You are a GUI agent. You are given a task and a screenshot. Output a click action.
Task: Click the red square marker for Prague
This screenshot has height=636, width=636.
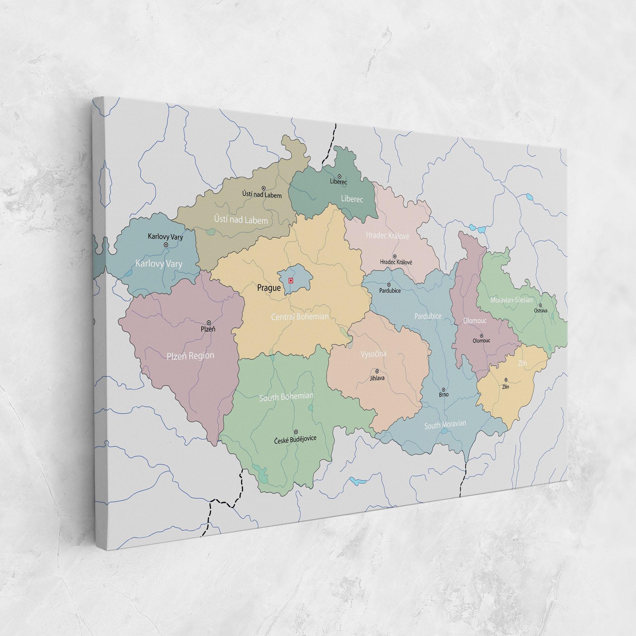291,281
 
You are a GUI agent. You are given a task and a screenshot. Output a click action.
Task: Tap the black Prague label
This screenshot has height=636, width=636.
269,288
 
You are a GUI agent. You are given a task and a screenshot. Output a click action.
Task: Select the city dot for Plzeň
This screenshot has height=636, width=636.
209,322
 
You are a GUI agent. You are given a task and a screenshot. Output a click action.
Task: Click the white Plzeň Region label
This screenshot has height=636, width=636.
190,356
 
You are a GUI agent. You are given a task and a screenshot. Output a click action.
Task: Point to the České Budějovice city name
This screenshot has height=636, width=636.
295,439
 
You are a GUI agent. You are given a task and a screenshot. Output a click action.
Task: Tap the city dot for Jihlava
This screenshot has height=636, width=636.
377,371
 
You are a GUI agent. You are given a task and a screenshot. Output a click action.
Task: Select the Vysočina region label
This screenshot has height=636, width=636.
374,354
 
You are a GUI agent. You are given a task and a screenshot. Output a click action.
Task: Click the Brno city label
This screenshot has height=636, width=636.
444,395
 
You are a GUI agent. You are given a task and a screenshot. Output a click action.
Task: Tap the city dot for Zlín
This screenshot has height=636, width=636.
506,380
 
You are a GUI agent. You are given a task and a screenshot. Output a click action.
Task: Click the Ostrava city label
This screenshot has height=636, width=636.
541,311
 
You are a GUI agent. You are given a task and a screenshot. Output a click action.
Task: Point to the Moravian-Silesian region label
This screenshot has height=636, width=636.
511,300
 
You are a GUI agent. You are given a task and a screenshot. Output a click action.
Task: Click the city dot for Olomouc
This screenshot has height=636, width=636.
481,335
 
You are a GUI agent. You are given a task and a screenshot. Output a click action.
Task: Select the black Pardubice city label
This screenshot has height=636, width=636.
390,291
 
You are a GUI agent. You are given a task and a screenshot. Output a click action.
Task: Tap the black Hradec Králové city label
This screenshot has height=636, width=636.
396,262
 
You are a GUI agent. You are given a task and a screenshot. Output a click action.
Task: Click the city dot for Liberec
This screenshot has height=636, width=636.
339,176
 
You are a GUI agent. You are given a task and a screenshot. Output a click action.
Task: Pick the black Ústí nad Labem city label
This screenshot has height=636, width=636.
262,194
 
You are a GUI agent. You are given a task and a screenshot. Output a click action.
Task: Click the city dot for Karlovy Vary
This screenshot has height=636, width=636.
166,245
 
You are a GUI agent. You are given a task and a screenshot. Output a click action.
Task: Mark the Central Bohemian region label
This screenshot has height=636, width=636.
300,316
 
